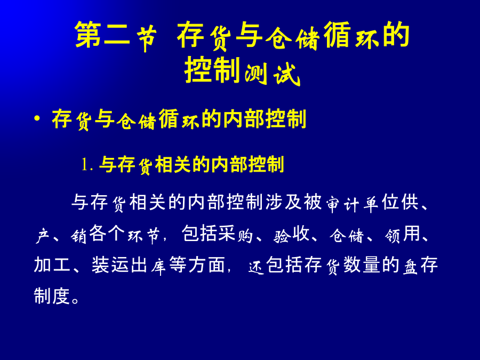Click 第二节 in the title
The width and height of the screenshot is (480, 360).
116,35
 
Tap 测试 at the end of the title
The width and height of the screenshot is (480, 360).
272,74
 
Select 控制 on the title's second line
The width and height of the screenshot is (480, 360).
212,70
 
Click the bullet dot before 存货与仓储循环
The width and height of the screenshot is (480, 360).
37,118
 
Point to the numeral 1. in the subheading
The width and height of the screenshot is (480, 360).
87,165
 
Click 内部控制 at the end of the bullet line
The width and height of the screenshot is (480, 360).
265,119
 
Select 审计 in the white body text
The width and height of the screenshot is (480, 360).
342,204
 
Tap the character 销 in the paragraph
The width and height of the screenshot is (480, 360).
78,236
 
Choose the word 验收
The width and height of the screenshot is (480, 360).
291,234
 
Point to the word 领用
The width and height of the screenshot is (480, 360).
402,234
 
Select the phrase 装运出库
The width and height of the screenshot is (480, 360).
129,265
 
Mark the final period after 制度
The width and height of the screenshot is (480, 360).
75,300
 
